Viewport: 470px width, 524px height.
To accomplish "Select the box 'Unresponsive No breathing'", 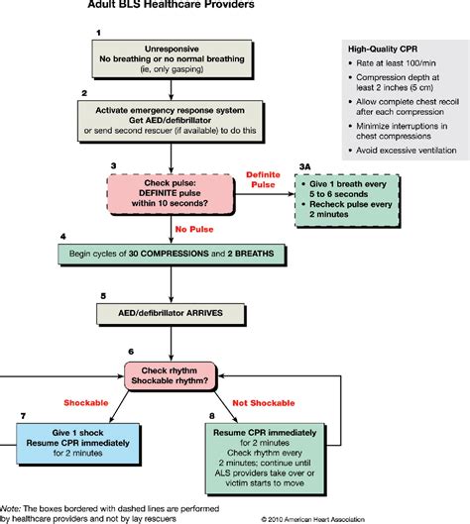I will pos(174,60).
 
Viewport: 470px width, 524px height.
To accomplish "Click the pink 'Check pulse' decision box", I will pos(173,191).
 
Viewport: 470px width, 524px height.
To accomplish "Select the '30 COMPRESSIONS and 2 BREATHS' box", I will pos(173,255).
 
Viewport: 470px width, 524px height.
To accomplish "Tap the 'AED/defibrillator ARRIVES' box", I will pos(174,312).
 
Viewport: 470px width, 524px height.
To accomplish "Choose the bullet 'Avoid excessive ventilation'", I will pos(405,151).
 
